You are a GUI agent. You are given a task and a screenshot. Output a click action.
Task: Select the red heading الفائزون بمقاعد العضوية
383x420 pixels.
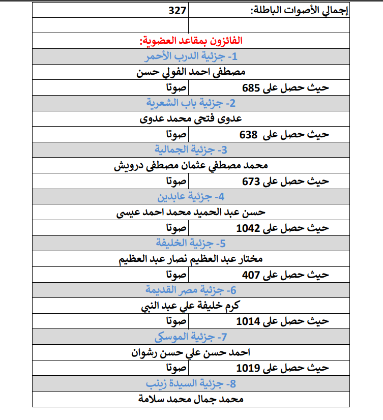pyautogui.click(x=190, y=41)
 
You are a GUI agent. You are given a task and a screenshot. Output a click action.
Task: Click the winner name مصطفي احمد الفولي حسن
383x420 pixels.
pyautogui.click(x=191, y=72)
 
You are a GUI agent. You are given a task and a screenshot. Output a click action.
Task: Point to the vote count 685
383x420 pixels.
pyautogui.click(x=251, y=87)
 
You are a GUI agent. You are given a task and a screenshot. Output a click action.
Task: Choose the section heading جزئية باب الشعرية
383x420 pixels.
pyautogui.click(x=191, y=103)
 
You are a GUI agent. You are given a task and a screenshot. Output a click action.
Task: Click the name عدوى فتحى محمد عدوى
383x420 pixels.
pyautogui.click(x=191, y=119)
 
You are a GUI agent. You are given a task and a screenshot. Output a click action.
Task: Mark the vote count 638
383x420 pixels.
pyautogui.click(x=249, y=135)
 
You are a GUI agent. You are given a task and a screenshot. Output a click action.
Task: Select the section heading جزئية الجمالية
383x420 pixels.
pyautogui.click(x=191, y=150)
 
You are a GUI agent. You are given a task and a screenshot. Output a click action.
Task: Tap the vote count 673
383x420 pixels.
pyautogui.click(x=251, y=182)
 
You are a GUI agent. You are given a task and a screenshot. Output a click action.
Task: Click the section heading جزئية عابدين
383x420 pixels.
pyautogui.click(x=191, y=197)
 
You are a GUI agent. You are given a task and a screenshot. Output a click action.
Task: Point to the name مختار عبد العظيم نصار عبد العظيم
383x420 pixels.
pyautogui.click(x=191, y=259)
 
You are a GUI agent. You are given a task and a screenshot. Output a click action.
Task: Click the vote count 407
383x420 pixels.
pyautogui.click(x=251, y=275)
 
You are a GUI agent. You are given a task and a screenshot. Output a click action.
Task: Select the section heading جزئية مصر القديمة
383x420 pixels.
pyautogui.click(x=191, y=290)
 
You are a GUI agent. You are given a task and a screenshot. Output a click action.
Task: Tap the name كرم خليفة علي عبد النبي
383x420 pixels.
pyautogui.click(x=191, y=306)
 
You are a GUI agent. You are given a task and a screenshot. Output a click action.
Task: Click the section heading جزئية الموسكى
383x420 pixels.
pyautogui.click(x=191, y=337)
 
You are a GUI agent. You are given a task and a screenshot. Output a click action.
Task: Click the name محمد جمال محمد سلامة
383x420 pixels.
pyautogui.click(x=191, y=399)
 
